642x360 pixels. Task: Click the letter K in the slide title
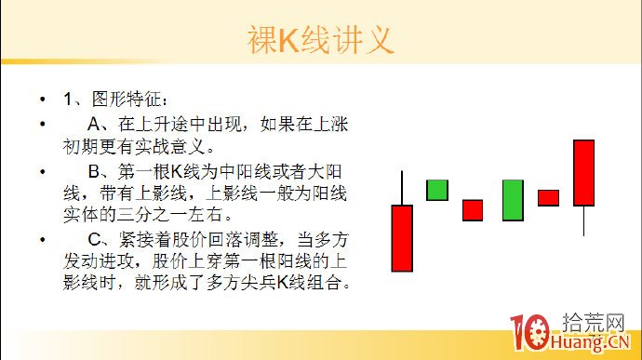tap(290, 40)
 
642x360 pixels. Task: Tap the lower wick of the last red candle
tap(583, 220)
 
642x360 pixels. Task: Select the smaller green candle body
tap(437, 190)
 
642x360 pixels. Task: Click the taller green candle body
tap(512, 200)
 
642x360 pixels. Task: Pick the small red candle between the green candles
tap(473, 210)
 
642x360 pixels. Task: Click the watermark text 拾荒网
tap(595, 323)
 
